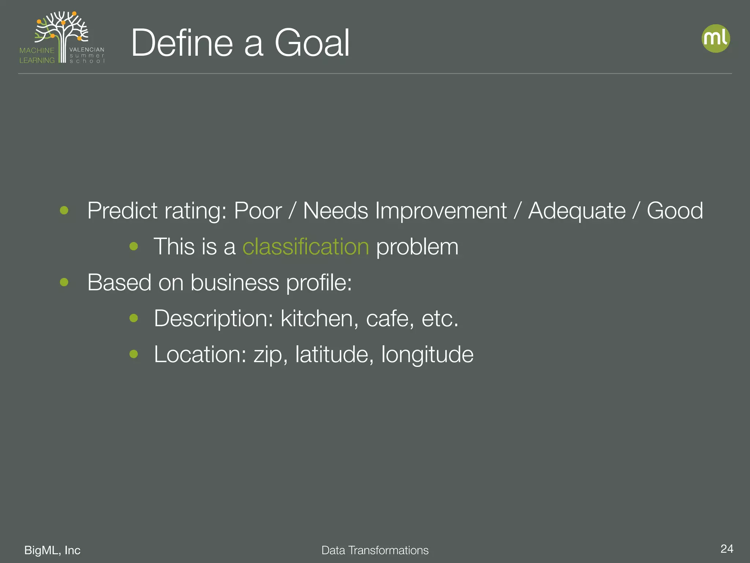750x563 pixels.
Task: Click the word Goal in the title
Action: pyautogui.click(x=312, y=43)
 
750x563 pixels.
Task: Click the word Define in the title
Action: pyautogui.click(x=182, y=43)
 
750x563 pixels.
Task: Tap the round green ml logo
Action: pyautogui.click(x=716, y=38)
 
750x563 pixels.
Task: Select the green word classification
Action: pyautogui.click(x=306, y=246)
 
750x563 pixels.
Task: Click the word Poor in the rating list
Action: pyautogui.click(x=257, y=211)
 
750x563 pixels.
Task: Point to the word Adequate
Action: pyautogui.click(x=577, y=211)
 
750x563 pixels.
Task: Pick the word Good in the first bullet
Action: pyautogui.click(x=675, y=211)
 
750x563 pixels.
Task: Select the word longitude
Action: pyautogui.click(x=427, y=354)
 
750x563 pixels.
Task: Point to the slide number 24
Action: pyautogui.click(x=727, y=549)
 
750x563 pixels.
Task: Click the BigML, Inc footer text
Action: pyautogui.click(x=52, y=550)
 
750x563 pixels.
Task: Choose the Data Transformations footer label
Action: pyautogui.click(x=375, y=550)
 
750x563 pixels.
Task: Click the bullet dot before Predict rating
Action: pyautogui.click(x=64, y=210)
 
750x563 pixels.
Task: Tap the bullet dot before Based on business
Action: pyautogui.click(x=64, y=282)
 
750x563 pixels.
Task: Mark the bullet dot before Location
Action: pyautogui.click(x=134, y=354)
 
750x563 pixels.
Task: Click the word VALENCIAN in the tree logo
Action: pyautogui.click(x=87, y=49)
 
